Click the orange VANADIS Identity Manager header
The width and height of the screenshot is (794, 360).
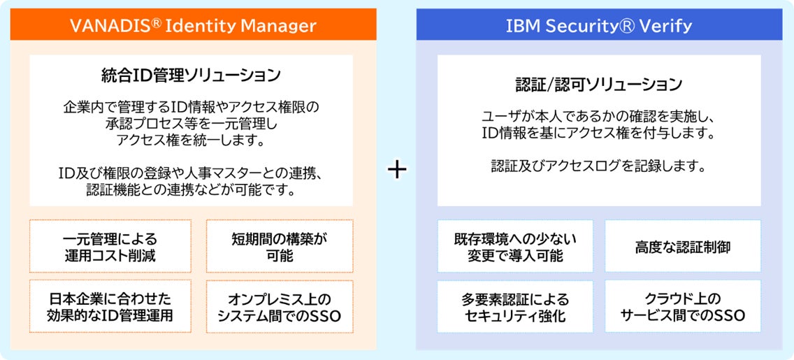[x=193, y=26]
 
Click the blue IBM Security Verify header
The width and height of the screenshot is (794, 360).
[x=599, y=26]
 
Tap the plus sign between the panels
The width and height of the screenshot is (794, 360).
[x=397, y=171]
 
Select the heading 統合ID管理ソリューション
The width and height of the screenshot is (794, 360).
[x=192, y=75]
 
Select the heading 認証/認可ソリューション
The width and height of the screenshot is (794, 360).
[x=599, y=85]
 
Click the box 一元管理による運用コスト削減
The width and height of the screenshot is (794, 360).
[x=110, y=246]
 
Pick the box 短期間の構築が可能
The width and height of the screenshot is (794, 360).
[x=280, y=246]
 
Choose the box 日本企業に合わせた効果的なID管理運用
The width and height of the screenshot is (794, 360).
[x=110, y=306]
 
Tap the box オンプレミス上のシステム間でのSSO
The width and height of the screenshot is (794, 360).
[x=280, y=306]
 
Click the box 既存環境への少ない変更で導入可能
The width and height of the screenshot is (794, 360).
[x=515, y=246]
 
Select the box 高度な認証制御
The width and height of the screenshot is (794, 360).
[x=683, y=246]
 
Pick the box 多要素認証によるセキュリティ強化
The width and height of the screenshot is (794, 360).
[x=515, y=307]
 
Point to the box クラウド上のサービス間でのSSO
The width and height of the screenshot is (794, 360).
[x=683, y=306]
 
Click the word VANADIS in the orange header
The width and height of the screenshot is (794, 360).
[x=103, y=27]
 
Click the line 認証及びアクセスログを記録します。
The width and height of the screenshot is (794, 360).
[x=599, y=166]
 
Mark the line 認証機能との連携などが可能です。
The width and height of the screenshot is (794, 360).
[x=192, y=189]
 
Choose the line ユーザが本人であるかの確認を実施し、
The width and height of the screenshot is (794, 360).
[x=599, y=117]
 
